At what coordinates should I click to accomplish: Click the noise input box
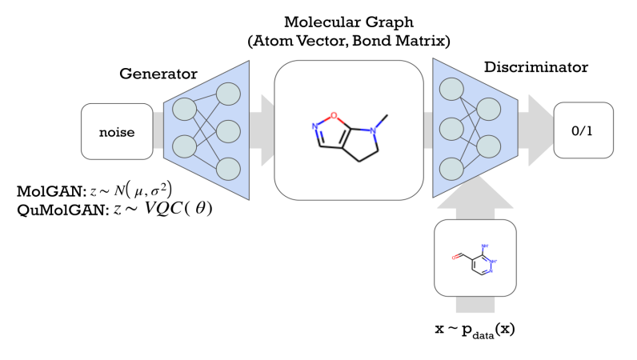[117, 130]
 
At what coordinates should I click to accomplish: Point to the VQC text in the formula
[169, 210]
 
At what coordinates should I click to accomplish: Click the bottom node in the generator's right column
[228, 169]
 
